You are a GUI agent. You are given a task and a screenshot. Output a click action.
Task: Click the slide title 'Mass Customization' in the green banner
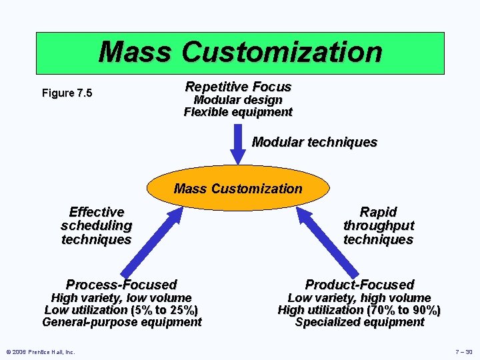point(240,51)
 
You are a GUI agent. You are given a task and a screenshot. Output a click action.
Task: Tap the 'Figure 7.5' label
point(67,93)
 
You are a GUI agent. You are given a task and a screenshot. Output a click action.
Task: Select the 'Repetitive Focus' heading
point(238,87)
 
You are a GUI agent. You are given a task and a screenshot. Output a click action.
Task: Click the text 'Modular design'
point(238,99)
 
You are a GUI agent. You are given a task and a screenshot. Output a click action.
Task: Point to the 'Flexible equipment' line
point(238,112)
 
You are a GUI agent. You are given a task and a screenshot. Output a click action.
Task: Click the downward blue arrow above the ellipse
point(239,143)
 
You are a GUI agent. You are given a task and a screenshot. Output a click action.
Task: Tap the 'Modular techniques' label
point(314,142)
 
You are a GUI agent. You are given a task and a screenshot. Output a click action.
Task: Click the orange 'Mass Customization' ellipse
point(238,189)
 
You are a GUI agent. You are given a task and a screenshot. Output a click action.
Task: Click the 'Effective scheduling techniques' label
point(96,225)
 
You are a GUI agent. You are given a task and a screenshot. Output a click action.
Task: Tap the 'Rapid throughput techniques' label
point(378,225)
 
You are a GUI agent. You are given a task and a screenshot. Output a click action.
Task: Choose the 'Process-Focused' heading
point(121,285)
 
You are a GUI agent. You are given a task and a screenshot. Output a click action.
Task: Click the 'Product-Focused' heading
point(359,285)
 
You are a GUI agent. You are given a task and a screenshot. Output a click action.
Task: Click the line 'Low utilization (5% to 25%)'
point(121,310)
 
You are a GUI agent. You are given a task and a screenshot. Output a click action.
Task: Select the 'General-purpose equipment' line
point(121,322)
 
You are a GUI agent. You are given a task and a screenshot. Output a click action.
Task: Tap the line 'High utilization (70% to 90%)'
point(359,310)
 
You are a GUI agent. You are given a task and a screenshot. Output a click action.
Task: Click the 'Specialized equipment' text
point(359,322)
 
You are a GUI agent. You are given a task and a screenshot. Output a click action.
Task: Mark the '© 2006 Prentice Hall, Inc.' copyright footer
point(40,351)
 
